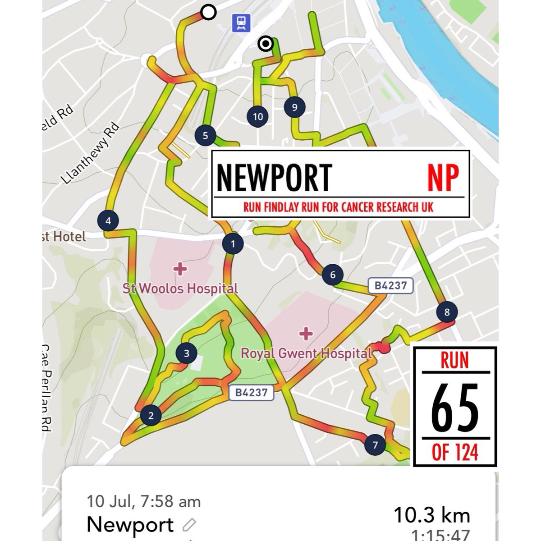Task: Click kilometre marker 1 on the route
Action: [x=233, y=244]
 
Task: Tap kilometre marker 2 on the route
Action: [x=151, y=415]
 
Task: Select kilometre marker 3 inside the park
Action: [x=187, y=353]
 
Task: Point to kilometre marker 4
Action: [x=108, y=221]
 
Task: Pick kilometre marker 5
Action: [x=206, y=135]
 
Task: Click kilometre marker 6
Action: [x=333, y=275]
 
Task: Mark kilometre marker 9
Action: [x=294, y=107]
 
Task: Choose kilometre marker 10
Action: [x=257, y=117]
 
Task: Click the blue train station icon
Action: [x=241, y=23]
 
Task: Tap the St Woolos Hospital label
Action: [x=180, y=288]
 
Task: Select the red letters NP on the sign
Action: [x=443, y=177]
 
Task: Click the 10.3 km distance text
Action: [x=431, y=515]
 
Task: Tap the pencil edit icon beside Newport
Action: [x=189, y=525]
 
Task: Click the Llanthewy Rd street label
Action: [x=92, y=154]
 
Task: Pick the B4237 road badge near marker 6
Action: [x=390, y=285]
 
